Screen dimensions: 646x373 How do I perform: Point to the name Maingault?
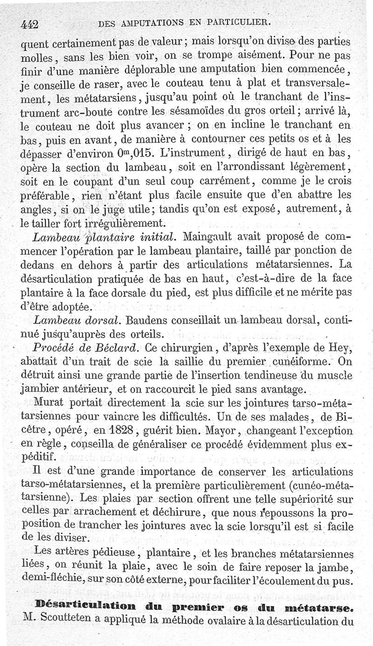tap(208, 237)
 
